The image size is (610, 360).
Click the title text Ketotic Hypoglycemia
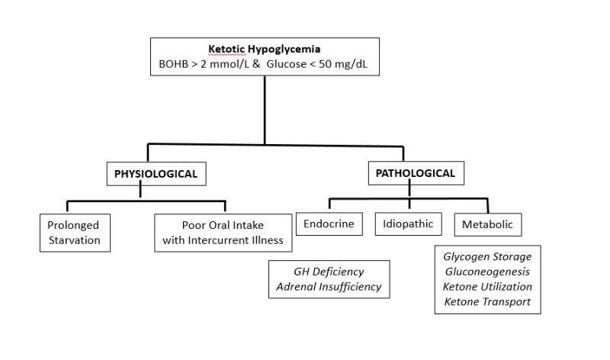[x=264, y=49]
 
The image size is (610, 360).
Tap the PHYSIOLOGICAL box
[x=156, y=174]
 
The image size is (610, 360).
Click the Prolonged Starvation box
[x=73, y=233]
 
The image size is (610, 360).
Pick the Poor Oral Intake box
[x=223, y=233]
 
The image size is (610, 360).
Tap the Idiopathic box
[x=409, y=224]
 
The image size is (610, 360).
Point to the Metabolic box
[x=488, y=225]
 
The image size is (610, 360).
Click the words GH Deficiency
[x=329, y=272]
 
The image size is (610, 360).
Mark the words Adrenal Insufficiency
[x=329, y=288]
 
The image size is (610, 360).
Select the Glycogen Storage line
[x=487, y=256]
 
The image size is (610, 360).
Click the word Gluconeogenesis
[x=487, y=272]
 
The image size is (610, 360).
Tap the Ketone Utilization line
[x=487, y=287]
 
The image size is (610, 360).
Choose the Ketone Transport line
[x=487, y=302]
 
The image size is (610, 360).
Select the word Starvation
[x=73, y=241]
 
